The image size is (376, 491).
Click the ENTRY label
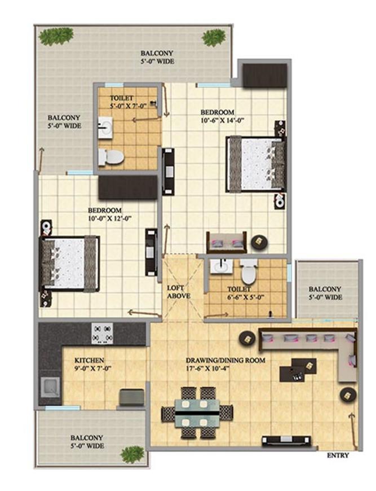[x=338, y=455]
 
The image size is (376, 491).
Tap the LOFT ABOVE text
[x=179, y=292]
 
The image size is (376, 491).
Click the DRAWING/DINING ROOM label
[x=225, y=360]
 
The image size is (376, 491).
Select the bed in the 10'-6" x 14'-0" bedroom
[x=255, y=164]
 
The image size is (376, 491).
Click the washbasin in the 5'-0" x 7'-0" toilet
[x=105, y=128]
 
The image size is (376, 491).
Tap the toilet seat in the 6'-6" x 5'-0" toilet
[x=248, y=273]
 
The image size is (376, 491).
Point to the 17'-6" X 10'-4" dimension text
[x=226, y=369]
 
